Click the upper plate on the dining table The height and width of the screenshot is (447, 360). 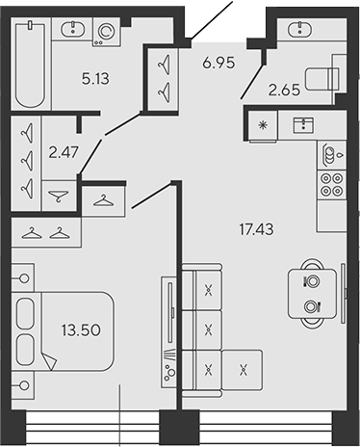coord(311,281)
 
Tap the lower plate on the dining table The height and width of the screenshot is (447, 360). coord(311,307)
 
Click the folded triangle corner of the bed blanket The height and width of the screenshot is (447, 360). coord(49,363)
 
